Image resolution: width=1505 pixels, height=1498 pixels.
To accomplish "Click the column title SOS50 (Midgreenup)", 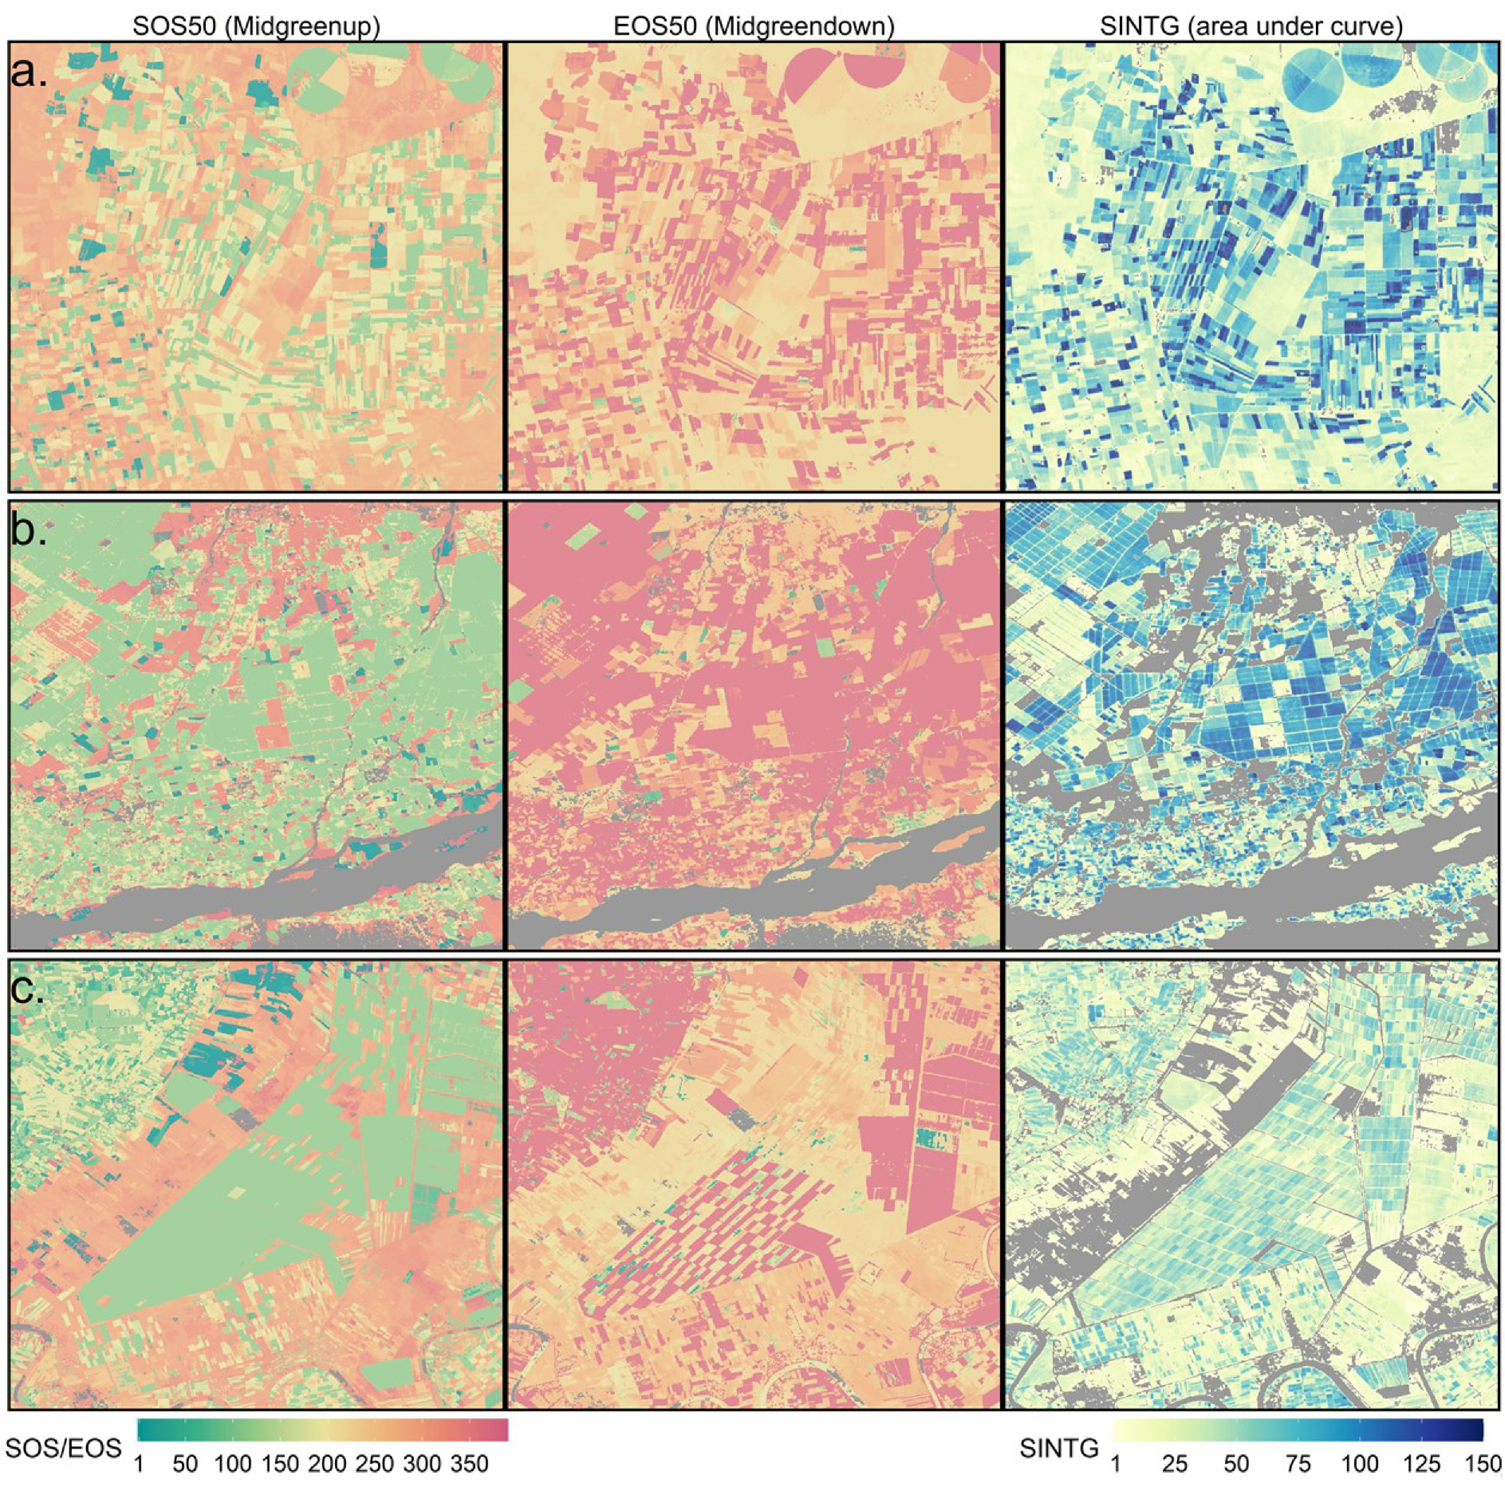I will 255,28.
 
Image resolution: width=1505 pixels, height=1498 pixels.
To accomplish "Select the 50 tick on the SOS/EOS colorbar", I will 185,1485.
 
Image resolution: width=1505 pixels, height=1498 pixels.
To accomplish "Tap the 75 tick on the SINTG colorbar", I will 1297,1485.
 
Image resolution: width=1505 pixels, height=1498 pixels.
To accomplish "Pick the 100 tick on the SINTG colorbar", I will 1359,1485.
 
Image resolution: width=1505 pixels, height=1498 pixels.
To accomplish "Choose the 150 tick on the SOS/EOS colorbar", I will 281,1485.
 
